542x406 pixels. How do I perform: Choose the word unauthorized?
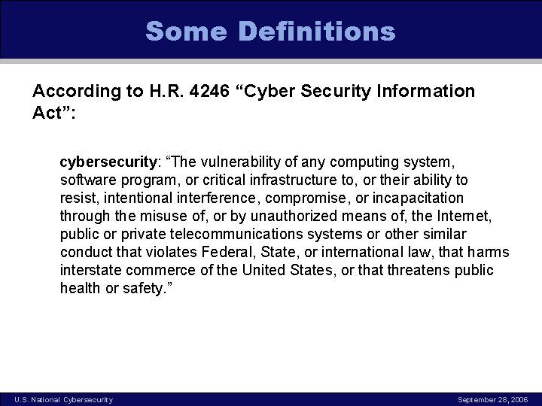(x=274, y=216)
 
